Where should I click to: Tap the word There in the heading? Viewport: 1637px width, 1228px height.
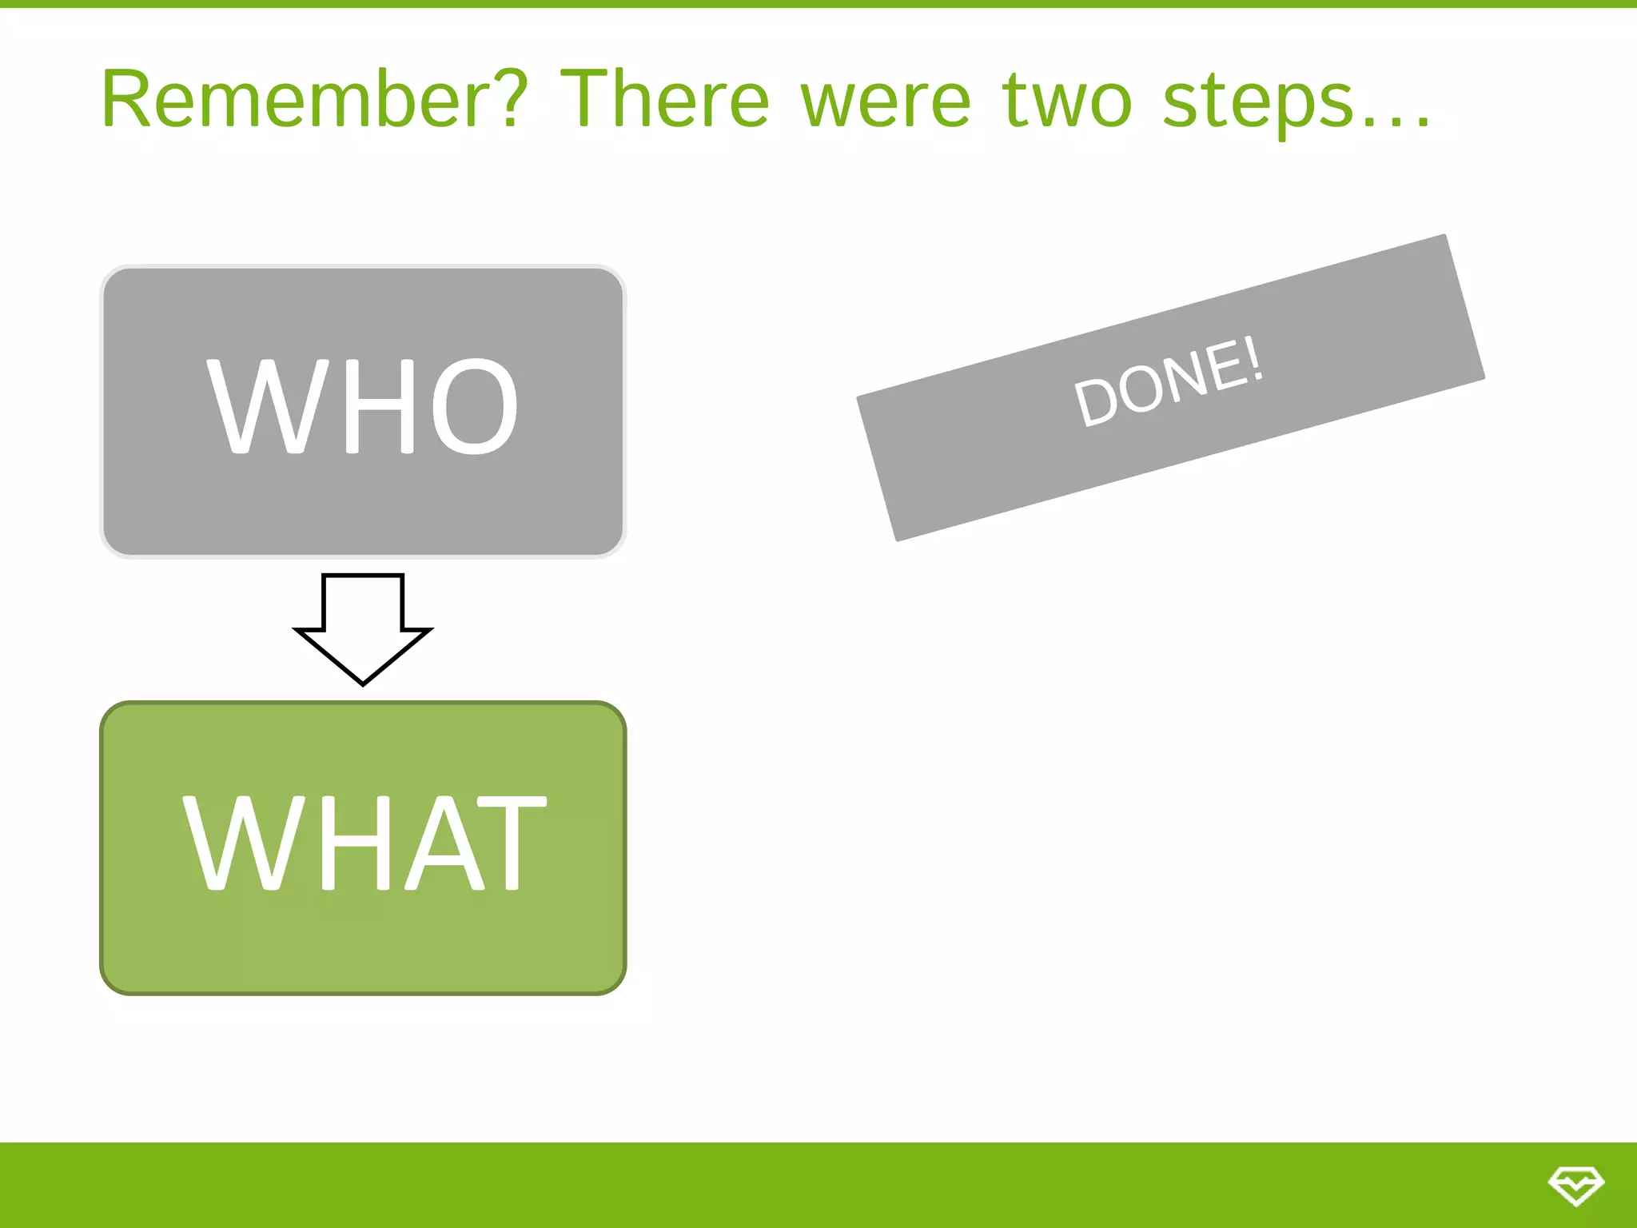[x=664, y=100]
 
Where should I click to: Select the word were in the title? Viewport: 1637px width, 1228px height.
[x=886, y=102]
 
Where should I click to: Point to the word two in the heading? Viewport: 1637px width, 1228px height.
[x=1067, y=102]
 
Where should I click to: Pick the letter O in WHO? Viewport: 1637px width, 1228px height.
[x=475, y=406]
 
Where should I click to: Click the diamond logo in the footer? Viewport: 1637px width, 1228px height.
[x=1575, y=1186]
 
